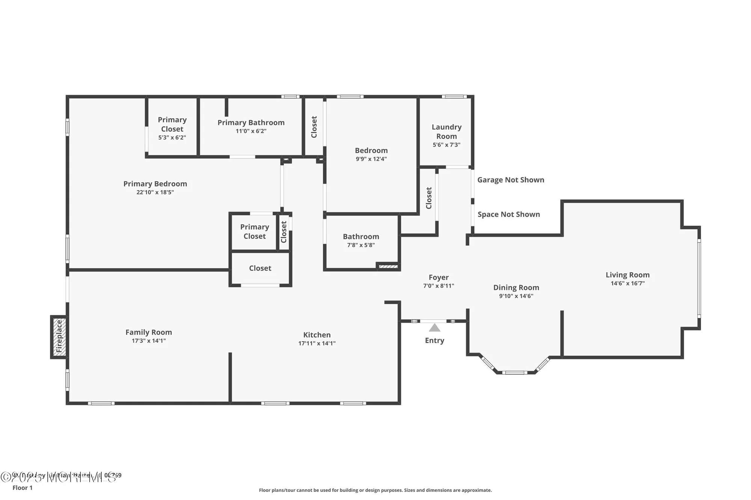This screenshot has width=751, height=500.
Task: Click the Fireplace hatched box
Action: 59,336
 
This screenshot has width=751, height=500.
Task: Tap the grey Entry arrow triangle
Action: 434,328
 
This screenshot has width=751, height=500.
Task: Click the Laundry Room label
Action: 446,132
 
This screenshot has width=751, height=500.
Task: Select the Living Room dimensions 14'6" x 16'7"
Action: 627,284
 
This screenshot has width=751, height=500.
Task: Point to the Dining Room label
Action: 516,288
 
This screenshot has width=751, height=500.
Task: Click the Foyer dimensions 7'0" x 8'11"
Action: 439,286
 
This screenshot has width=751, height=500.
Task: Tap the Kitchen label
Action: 317,335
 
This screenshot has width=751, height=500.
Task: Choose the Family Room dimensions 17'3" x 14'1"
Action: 149,341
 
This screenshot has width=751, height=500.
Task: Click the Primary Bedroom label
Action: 155,184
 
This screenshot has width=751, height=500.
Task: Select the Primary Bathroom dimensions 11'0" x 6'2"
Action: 251,131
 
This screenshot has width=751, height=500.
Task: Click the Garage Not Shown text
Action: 511,180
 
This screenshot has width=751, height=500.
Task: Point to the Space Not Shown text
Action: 508,215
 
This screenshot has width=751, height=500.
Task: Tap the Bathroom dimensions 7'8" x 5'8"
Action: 361,245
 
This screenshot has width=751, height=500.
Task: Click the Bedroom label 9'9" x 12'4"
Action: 371,151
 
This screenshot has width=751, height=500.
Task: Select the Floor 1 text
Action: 23,488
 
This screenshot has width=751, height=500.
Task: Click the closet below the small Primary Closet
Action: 260,268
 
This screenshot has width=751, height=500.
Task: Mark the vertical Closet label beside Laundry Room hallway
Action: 429,198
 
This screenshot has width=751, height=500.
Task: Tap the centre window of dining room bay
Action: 515,372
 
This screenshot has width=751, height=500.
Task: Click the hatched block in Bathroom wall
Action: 388,266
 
